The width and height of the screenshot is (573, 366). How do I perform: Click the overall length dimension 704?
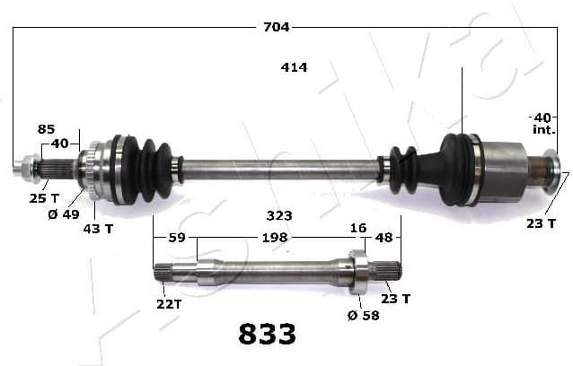[276, 27]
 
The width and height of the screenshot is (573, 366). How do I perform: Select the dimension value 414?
[294, 67]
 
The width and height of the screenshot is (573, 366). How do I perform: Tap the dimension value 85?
[46, 129]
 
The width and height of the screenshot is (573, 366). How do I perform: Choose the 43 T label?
[98, 229]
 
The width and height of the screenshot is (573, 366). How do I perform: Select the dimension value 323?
[279, 216]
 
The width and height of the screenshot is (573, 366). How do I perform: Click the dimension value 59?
[176, 238]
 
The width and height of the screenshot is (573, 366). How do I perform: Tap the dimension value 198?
[274, 238]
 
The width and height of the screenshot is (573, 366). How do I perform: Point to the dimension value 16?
[358, 229]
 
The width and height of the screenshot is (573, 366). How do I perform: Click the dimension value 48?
[383, 238]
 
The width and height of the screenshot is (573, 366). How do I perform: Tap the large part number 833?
[267, 335]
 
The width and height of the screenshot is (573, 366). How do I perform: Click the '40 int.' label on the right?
[542, 124]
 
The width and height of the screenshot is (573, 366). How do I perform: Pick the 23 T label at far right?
[540, 222]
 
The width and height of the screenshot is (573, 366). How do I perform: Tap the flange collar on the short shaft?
[357, 270]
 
